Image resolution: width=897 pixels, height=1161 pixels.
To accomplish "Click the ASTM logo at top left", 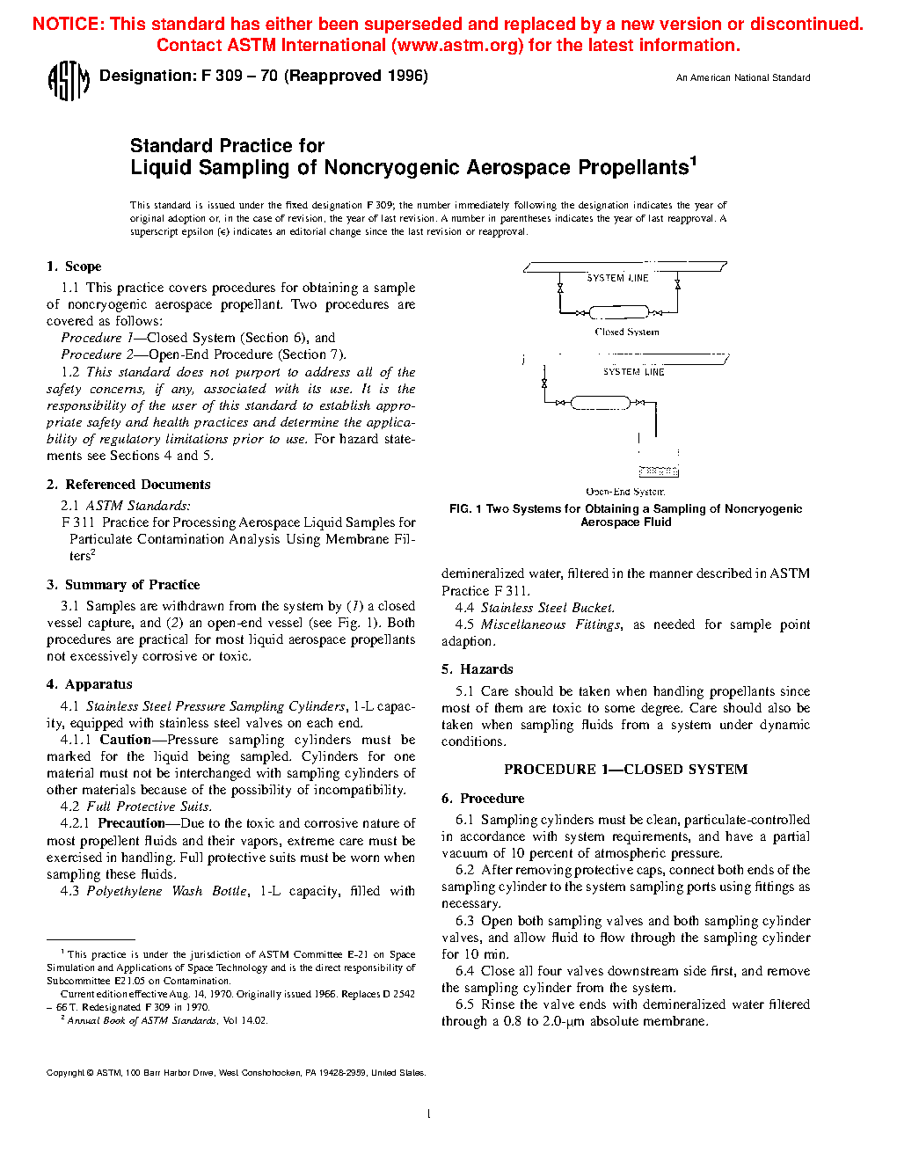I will click(x=68, y=80).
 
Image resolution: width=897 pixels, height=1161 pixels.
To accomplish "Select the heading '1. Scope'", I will click(x=75, y=267).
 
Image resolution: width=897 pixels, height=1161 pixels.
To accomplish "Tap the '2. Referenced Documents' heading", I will click(x=128, y=485).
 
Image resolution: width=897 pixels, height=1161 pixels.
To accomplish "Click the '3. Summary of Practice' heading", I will click(x=123, y=585).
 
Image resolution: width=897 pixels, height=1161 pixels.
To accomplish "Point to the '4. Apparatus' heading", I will click(x=90, y=684).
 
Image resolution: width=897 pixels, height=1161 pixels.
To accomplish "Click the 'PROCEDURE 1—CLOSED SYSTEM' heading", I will click(x=625, y=770).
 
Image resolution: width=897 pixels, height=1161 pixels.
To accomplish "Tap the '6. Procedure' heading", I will click(x=483, y=799).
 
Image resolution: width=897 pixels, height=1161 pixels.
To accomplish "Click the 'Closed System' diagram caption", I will click(x=626, y=332).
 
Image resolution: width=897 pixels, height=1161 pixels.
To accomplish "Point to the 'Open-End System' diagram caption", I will click(x=625, y=492).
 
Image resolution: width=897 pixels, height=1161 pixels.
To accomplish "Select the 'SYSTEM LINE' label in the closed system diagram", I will click(x=617, y=278).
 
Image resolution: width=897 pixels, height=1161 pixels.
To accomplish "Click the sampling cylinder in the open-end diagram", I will click(x=600, y=403).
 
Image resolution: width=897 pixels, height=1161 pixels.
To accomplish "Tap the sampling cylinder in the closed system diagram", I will click(x=617, y=311).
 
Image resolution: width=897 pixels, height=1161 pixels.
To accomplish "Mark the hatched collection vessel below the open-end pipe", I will click(x=658, y=471).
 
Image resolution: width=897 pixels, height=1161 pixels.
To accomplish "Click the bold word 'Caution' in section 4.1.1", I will click(x=125, y=740).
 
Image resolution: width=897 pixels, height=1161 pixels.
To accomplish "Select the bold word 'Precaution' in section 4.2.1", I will click(x=131, y=823).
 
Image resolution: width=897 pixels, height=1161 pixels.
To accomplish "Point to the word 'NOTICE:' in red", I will click(x=68, y=25).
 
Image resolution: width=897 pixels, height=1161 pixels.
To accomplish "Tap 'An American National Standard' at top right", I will click(x=742, y=78).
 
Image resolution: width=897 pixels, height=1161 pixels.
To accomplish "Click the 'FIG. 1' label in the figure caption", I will click(x=465, y=509).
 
